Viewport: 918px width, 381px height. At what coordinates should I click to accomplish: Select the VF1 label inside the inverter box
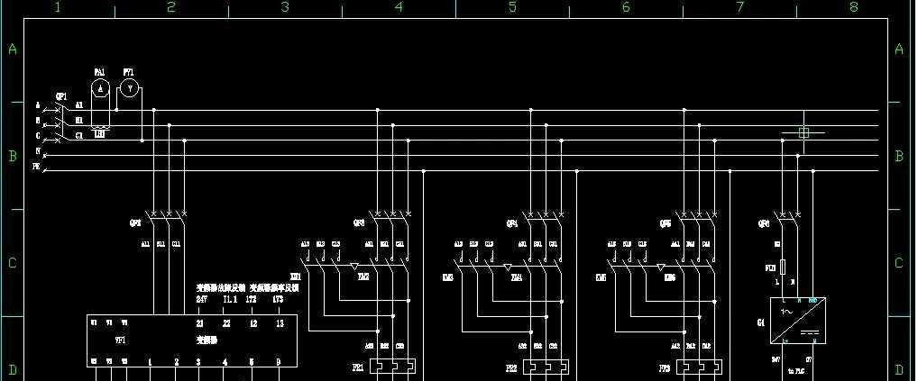(121, 340)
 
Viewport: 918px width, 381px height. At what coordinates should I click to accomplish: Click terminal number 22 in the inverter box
(226, 322)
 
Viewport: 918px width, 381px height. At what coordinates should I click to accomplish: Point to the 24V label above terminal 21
(201, 299)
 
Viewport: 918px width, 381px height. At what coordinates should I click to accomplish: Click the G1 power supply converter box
(797, 321)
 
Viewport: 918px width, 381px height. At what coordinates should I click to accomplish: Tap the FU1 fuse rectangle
(782, 268)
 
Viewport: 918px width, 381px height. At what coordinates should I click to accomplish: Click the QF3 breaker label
(359, 222)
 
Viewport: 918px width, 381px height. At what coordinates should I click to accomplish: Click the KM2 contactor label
(363, 277)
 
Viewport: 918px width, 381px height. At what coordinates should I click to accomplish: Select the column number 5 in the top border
(512, 8)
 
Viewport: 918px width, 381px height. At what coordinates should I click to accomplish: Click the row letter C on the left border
(13, 263)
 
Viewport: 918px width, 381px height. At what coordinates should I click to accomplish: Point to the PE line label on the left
(37, 168)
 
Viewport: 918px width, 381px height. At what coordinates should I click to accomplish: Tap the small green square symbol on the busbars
(804, 132)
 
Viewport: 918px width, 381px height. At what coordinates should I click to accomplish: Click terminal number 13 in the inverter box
(280, 322)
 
